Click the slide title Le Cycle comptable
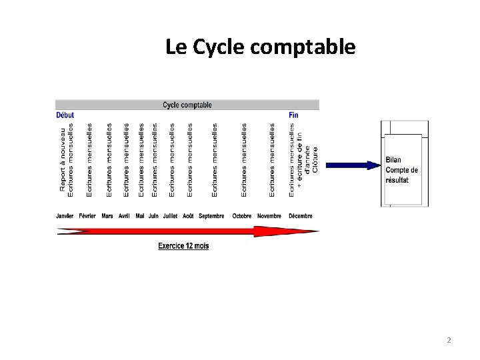pyautogui.click(x=261, y=47)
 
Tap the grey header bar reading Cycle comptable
pyautogui.click(x=187, y=105)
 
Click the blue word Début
pyautogui.click(x=65, y=115)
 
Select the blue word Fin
pyautogui.click(x=293, y=115)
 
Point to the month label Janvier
pyautogui.click(x=65, y=216)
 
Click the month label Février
pyautogui.click(x=87, y=216)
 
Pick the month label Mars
pyautogui.click(x=107, y=216)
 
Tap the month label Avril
pyautogui.click(x=124, y=216)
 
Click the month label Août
pyautogui.click(x=189, y=216)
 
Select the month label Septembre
pyautogui.click(x=212, y=216)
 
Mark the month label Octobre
pyautogui.click(x=242, y=216)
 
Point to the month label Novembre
pyautogui.click(x=269, y=216)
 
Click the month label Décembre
pyautogui.click(x=300, y=216)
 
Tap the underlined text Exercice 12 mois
pyautogui.click(x=183, y=246)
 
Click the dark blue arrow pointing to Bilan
pyautogui.click(x=353, y=165)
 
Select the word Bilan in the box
pyautogui.click(x=393, y=160)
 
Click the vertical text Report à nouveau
pyautogui.click(x=63, y=160)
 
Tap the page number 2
pyautogui.click(x=449, y=341)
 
